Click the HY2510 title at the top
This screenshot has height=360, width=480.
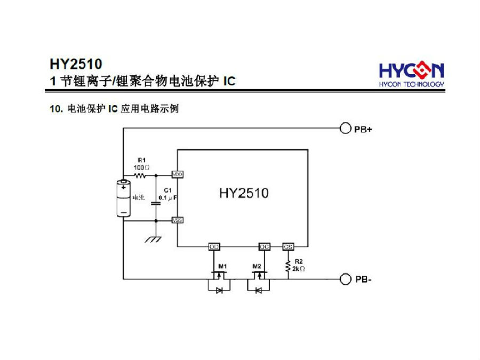tap(75, 65)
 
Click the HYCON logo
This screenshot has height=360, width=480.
tap(411, 75)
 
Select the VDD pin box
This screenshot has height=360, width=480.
tap(177, 174)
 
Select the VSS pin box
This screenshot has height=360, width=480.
tap(177, 220)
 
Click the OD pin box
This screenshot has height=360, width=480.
tap(214, 246)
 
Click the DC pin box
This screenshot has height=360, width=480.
tap(264, 246)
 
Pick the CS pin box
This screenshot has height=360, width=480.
tap(288, 246)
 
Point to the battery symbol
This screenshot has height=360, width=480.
tap(124, 198)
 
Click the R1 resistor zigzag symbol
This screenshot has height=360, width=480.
tap(141, 174)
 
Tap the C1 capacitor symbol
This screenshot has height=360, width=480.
tap(156, 203)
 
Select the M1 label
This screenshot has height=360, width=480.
tap(222, 266)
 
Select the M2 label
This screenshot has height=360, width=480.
tap(257, 266)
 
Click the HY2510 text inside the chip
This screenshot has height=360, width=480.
tap(244, 193)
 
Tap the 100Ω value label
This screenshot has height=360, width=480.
tap(141, 167)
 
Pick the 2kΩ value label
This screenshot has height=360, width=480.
tap(299, 269)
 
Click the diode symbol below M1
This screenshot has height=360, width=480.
tap(218, 291)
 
